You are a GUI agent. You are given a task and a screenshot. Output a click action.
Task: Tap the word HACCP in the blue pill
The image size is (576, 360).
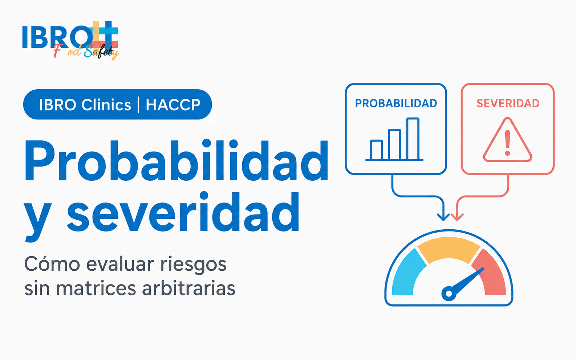[x=173, y=105]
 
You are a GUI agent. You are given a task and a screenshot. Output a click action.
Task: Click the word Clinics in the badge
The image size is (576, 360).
[x=106, y=105]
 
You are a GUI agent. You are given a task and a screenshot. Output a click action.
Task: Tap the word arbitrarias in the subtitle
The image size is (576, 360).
[x=189, y=288]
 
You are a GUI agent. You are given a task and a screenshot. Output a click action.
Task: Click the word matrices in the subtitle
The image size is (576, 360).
[x=96, y=288]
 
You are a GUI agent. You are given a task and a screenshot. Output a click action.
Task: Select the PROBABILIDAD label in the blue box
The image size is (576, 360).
[x=396, y=103]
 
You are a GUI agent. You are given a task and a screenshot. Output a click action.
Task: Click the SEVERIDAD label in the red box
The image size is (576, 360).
[x=508, y=103]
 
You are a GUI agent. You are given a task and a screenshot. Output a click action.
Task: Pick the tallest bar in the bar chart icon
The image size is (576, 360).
[x=413, y=139]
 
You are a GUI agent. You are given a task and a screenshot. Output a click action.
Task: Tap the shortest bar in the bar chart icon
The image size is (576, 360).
[x=377, y=150]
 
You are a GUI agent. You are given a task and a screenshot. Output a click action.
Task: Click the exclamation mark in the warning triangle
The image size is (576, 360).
[x=507, y=143]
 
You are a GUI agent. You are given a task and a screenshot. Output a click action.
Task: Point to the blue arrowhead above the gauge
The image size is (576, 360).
[x=443, y=217]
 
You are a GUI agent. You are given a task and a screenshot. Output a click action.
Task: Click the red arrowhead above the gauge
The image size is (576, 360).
[x=457, y=217]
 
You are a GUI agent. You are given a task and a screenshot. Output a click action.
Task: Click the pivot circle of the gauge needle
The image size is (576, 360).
[x=449, y=294]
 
